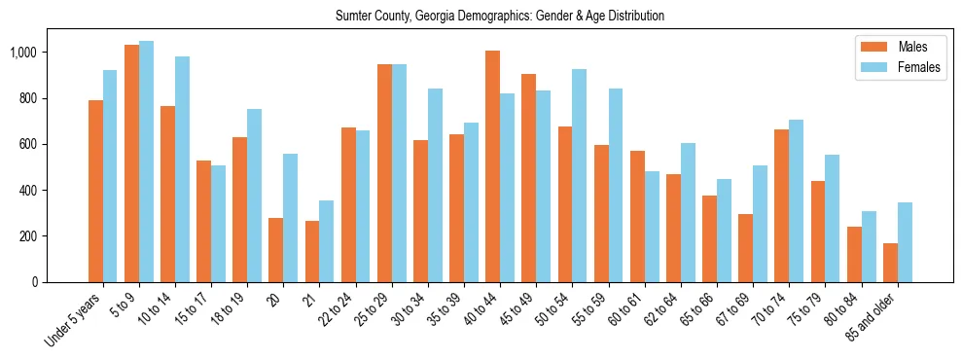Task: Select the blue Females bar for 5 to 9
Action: [x=147, y=162]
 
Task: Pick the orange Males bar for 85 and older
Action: [x=890, y=263]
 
